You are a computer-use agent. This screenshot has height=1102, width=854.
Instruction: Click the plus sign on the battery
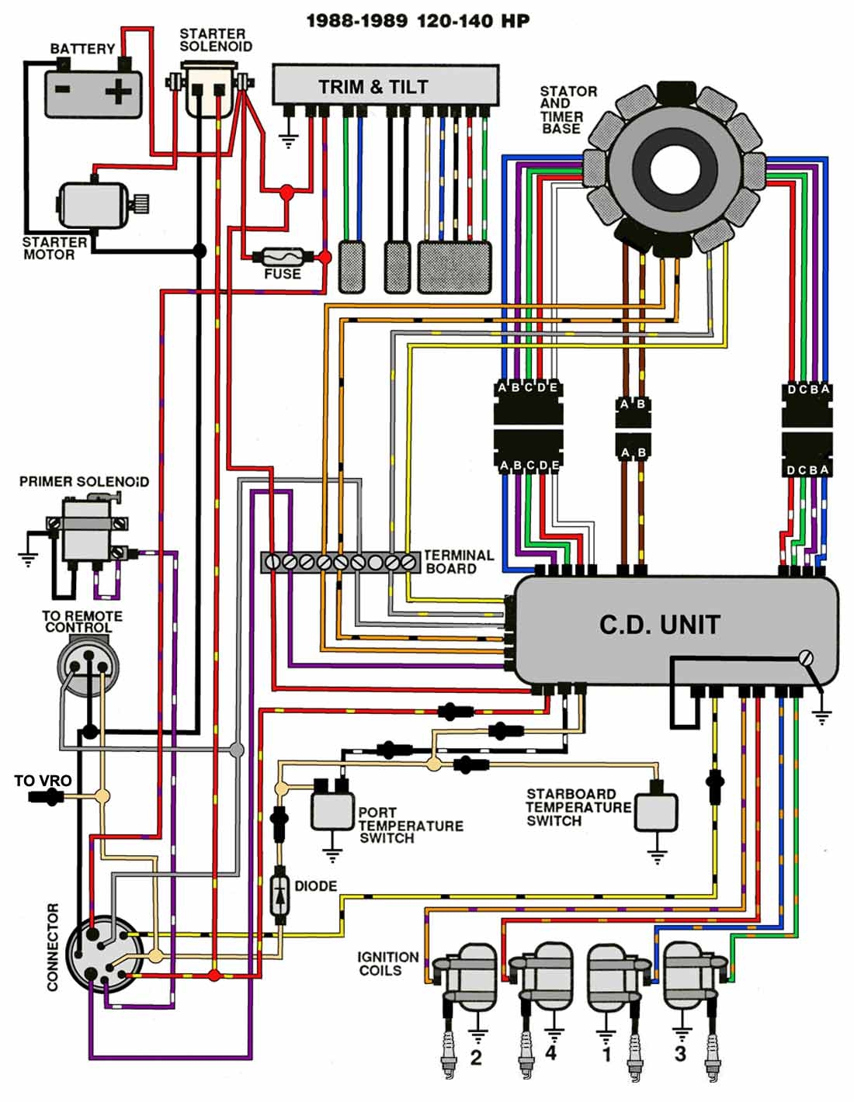point(119,92)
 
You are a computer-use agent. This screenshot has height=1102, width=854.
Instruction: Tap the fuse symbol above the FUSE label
point(282,255)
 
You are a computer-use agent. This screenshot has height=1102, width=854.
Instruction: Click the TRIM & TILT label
point(373,87)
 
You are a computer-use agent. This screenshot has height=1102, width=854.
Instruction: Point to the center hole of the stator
point(672,168)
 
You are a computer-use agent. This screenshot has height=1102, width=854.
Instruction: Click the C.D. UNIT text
point(659,625)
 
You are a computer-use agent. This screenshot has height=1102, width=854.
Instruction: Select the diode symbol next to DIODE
point(279,896)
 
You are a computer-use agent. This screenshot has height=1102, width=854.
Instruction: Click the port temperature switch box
point(332,809)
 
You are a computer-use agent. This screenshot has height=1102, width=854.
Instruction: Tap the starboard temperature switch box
point(656,812)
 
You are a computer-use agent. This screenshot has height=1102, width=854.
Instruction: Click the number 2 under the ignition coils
point(476,1057)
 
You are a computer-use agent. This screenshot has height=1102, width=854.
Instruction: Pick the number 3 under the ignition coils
point(680,1054)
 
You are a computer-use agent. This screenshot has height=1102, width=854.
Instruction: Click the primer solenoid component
point(87,528)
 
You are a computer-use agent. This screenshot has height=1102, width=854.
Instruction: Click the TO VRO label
point(43,781)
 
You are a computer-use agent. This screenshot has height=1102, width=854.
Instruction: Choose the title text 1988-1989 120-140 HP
point(418,20)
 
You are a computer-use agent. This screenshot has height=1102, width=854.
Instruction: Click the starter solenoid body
point(209,92)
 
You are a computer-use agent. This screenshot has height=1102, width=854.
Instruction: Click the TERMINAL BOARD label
point(458,562)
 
